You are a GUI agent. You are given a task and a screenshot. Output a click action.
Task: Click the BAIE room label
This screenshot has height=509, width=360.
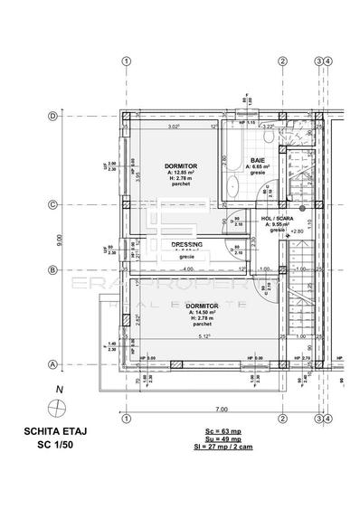click(257, 161)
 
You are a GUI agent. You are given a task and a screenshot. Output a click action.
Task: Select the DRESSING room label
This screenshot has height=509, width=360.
click(185, 245)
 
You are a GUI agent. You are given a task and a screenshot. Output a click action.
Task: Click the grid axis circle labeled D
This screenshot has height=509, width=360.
click(54, 117)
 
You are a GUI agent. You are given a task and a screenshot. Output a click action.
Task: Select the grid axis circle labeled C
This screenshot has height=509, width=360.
click(54, 204)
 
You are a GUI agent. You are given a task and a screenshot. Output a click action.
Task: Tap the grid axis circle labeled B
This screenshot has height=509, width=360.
click(54, 269)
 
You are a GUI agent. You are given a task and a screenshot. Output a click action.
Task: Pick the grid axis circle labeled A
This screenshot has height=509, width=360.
click(54, 364)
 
